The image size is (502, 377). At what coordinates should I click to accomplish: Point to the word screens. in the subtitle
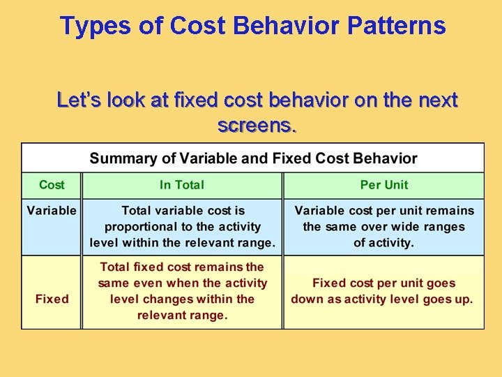click(x=257, y=126)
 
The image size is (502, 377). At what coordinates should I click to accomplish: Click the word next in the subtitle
click(x=436, y=101)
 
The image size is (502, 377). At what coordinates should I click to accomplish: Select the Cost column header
click(x=52, y=185)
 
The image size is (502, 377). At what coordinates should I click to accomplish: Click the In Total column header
click(x=182, y=185)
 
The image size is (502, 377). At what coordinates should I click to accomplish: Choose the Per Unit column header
click(x=384, y=185)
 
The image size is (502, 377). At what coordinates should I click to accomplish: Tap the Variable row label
click(x=52, y=210)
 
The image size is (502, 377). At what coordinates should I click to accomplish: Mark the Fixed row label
click(x=52, y=299)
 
